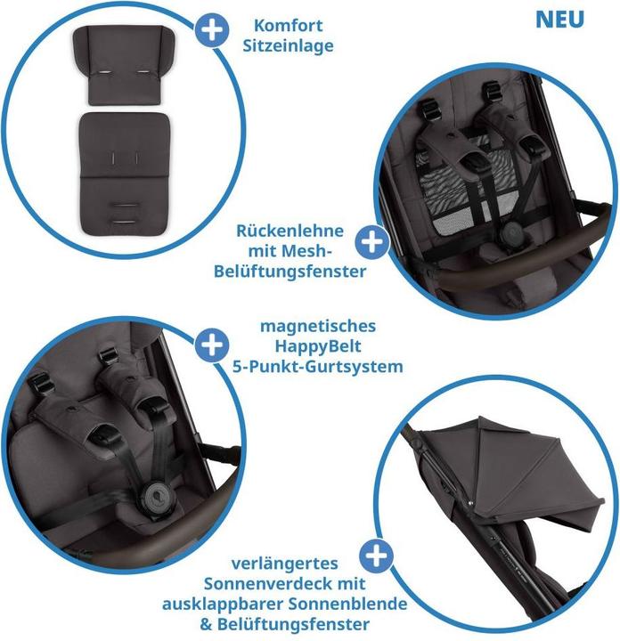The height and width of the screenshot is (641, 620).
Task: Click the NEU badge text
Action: click(x=560, y=19)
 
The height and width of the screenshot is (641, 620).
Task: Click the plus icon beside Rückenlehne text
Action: click(x=371, y=241)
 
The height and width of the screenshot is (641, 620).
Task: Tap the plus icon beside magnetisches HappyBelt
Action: click(x=210, y=345)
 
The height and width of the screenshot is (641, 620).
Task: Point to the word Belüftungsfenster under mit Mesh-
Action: click(x=289, y=272)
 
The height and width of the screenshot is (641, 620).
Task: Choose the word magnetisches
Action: click(x=319, y=325)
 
